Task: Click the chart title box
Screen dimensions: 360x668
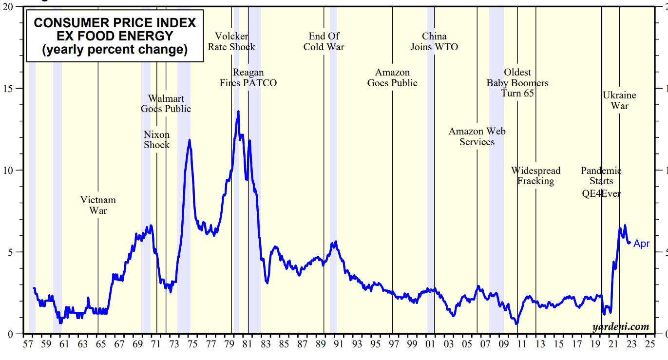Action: coord(115,36)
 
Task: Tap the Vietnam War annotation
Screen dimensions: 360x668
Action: coord(98,205)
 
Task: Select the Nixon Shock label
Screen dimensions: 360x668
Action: coord(156,140)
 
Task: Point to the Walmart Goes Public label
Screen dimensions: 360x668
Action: coord(166,104)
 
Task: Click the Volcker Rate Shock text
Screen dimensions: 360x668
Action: coord(231,41)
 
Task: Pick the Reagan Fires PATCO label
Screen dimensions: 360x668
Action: coord(248,78)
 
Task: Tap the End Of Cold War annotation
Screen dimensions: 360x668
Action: coord(324,41)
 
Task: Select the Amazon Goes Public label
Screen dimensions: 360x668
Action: coord(392,78)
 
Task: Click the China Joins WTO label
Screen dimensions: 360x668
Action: coord(434,41)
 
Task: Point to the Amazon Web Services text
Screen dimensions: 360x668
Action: coord(477,136)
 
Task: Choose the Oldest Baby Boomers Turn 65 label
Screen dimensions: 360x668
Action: coord(517,83)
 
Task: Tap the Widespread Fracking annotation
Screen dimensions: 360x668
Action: coord(535,176)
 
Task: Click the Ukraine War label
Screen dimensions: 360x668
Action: coord(619,100)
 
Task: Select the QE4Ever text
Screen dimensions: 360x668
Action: coord(601,193)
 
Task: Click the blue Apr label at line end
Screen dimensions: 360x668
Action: coord(641,244)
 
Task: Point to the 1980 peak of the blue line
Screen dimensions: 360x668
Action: coord(238,112)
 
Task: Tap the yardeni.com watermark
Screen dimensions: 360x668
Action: coord(621,326)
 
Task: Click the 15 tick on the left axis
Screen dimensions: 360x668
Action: coord(9,88)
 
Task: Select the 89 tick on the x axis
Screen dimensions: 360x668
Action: coord(321,344)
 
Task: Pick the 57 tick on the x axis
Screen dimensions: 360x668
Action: coord(28,344)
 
